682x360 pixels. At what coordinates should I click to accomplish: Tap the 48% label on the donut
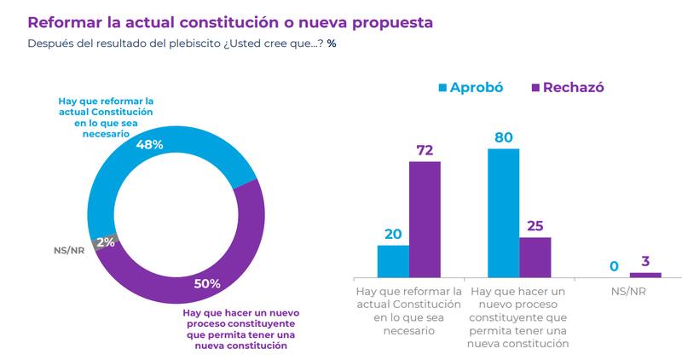(x=150, y=145)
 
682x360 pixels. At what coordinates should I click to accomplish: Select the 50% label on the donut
(x=207, y=283)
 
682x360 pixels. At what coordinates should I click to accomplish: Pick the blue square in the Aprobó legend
(x=442, y=87)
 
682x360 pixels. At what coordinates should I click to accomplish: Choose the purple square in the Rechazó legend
(x=535, y=87)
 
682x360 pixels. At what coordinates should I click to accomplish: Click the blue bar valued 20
(x=393, y=261)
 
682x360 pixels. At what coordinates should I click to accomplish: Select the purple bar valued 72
(x=425, y=218)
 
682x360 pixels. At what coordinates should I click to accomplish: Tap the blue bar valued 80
(x=503, y=212)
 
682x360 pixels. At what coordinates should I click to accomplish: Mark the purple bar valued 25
(x=535, y=257)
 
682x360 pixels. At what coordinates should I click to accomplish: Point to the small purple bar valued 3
(x=645, y=275)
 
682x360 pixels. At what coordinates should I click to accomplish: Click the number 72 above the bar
(x=425, y=150)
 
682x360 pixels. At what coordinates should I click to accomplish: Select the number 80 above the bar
(x=503, y=136)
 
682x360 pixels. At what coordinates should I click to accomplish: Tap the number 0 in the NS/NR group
(x=614, y=268)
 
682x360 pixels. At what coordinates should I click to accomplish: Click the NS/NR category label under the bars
(x=629, y=291)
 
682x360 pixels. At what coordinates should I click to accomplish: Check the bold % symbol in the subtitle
(x=332, y=44)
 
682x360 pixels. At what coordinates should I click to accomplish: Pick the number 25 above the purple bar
(x=535, y=225)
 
